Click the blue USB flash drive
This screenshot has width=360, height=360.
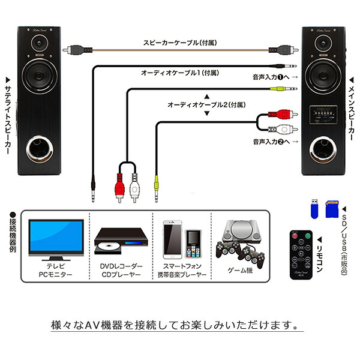click(x=313, y=209)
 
